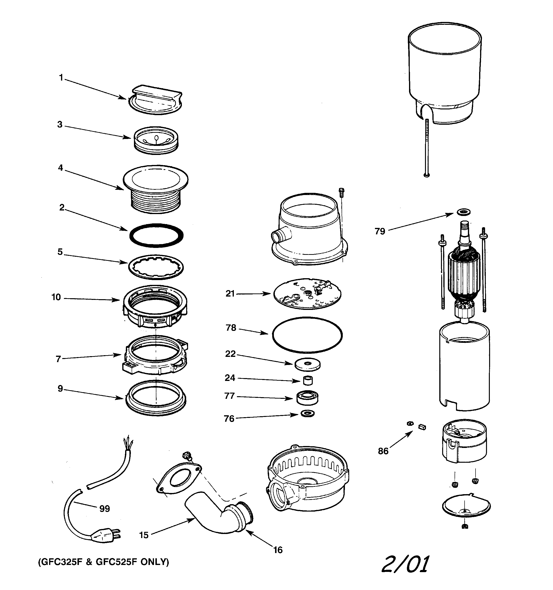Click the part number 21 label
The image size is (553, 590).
tap(230, 293)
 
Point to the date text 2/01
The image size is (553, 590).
tap(405, 564)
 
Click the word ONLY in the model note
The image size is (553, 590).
tap(154, 562)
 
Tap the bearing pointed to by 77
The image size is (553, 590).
tap(307, 397)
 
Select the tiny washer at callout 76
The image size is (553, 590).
tap(307, 413)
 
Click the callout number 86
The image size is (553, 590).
tap(383, 451)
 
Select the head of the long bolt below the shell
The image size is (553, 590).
tap(427, 175)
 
